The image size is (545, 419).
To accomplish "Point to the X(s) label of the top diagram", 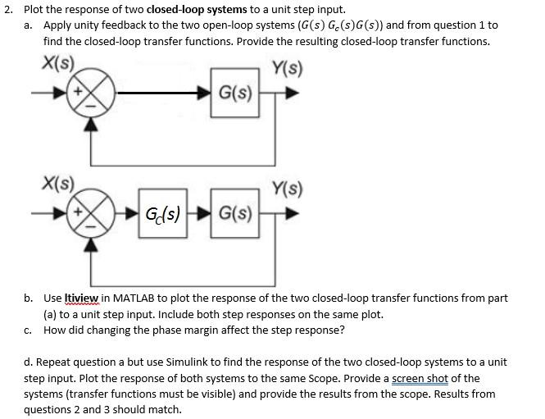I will coord(57,61).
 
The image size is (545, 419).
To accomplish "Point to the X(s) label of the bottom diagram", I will coord(57,184).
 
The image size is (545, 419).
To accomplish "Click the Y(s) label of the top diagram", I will coord(286,66).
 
